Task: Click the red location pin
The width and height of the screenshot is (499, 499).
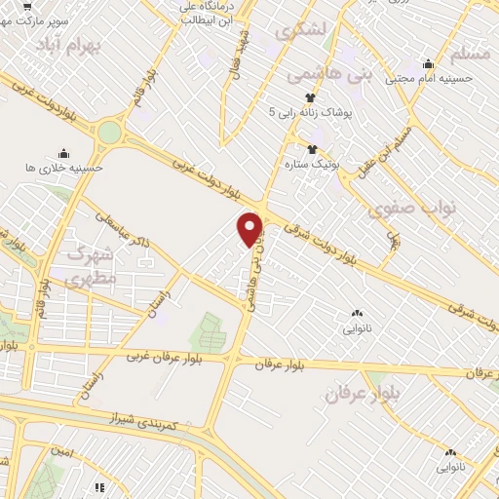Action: pyautogui.click(x=250, y=228)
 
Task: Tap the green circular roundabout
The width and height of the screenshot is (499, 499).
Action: pyautogui.click(x=110, y=133)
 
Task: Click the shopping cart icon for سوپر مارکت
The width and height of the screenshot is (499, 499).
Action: pyautogui.click(x=27, y=4)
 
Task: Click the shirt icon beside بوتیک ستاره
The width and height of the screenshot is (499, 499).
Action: pyautogui.click(x=312, y=149)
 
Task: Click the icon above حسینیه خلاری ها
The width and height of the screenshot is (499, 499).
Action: pyautogui.click(x=63, y=153)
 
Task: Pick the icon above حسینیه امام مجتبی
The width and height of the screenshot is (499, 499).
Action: pyautogui.click(x=426, y=63)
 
